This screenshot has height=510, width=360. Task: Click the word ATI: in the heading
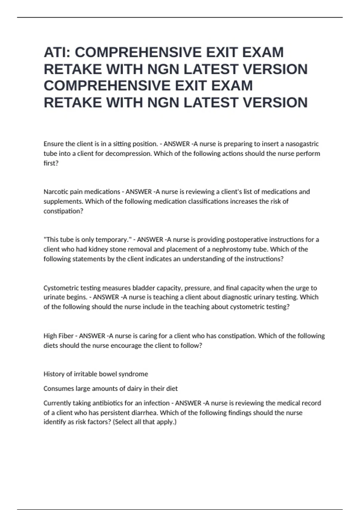(57, 52)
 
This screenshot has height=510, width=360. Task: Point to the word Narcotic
(55, 192)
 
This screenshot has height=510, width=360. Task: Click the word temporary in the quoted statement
(113, 240)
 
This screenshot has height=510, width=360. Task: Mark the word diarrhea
(143, 413)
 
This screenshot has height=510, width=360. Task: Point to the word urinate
(55, 297)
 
